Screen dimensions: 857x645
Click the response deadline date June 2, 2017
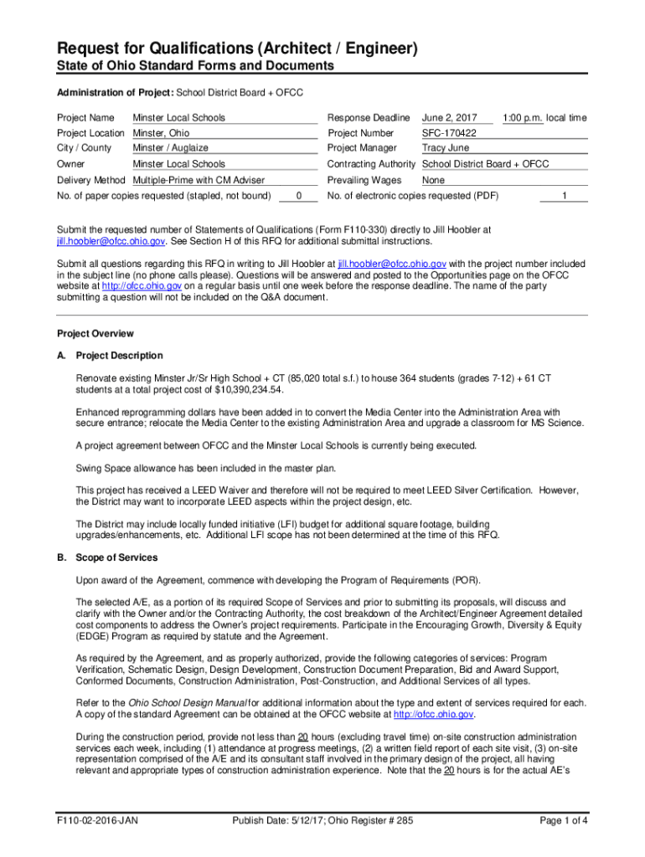coord(450,118)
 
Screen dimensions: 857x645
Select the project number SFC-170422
coord(449,133)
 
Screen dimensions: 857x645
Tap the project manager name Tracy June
coord(446,148)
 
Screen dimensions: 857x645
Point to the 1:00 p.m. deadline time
coord(523,118)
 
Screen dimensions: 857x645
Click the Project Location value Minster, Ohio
coord(162,133)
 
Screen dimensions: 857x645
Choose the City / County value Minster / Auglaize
coord(171,148)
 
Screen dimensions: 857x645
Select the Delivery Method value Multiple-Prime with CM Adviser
coord(199,180)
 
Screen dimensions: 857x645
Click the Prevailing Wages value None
coord(434,180)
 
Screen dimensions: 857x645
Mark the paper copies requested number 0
coord(299,196)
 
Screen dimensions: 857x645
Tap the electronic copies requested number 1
coord(565,196)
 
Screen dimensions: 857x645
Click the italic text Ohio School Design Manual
coord(184,702)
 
